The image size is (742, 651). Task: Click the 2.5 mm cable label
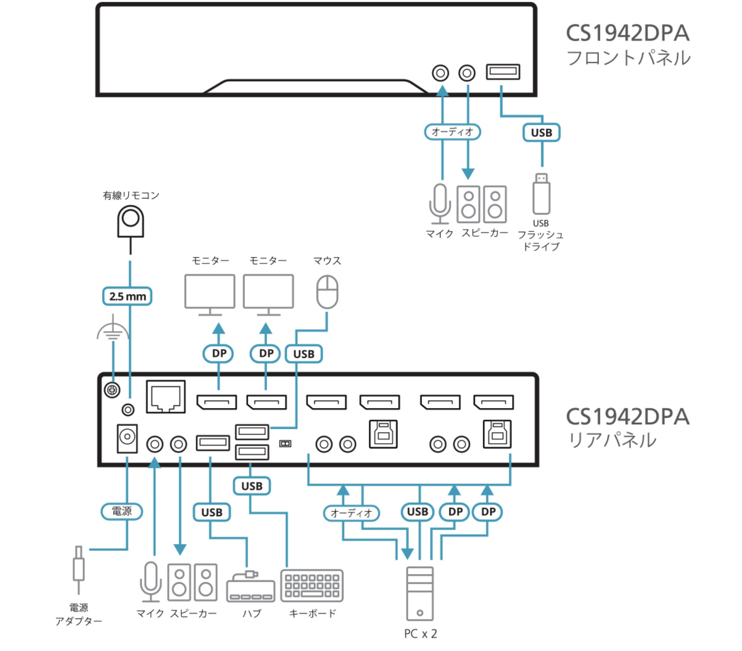(x=127, y=296)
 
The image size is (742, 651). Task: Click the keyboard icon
(x=312, y=586)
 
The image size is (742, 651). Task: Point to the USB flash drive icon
(x=541, y=194)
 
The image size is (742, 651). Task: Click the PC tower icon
(x=420, y=594)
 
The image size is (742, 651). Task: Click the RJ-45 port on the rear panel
(x=166, y=396)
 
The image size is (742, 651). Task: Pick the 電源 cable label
(x=122, y=511)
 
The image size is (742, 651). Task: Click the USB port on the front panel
(x=503, y=72)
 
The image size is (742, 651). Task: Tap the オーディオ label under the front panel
(x=452, y=132)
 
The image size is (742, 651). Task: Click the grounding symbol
(x=113, y=328)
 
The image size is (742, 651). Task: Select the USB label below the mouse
(x=304, y=354)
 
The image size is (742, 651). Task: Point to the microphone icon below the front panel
(x=439, y=204)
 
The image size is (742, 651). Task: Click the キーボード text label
(x=312, y=613)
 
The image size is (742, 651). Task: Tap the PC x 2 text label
(x=420, y=633)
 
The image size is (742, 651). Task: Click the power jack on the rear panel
(x=127, y=438)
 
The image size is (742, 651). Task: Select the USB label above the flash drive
(x=541, y=133)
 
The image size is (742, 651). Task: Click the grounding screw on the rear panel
(x=112, y=390)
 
